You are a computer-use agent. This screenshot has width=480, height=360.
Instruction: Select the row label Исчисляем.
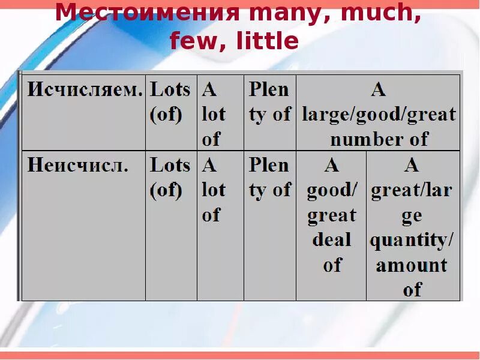[85, 89]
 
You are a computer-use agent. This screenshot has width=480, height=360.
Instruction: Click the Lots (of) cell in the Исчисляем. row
[170, 101]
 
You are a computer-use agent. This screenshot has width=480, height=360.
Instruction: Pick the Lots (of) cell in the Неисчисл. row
[170, 177]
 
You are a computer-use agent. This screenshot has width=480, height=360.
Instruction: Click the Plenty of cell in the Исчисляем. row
[269, 101]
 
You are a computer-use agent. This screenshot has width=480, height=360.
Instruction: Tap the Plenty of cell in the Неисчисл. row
[269, 177]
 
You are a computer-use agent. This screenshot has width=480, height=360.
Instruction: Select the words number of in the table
[379, 139]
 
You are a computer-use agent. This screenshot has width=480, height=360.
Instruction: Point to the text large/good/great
[379, 114]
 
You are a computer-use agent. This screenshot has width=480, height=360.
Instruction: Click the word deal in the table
[331, 240]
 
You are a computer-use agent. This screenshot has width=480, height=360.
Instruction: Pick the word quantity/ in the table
[412, 240]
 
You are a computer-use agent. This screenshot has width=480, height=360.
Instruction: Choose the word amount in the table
[412, 265]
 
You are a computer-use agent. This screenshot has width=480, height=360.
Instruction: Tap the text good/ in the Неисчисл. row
[332, 190]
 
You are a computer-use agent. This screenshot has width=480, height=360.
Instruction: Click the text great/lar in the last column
[412, 190]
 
